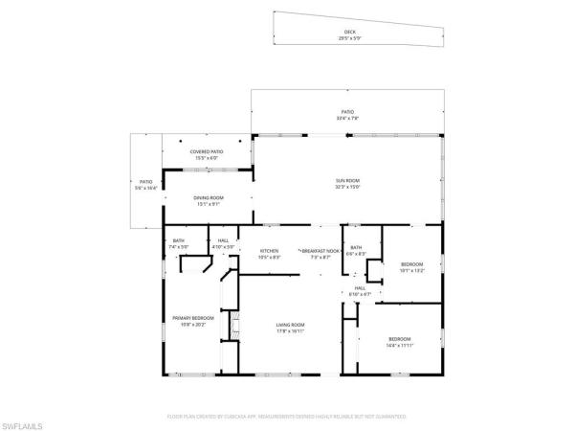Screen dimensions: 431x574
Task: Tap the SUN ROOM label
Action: pos(347,181)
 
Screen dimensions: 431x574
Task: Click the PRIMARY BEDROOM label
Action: pos(192,317)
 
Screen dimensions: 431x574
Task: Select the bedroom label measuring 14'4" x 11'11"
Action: pos(399,339)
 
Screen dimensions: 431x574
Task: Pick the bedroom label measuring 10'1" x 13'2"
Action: pos(411,263)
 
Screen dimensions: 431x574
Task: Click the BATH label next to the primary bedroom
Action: pos(178,241)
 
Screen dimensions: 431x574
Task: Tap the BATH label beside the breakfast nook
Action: pos(356,248)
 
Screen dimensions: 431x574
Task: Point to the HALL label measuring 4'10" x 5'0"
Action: pos(223,241)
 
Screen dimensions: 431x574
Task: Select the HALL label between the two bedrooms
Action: pos(360,287)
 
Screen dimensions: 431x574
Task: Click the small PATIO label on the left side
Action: pos(146,181)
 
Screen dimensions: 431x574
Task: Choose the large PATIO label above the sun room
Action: pos(347,112)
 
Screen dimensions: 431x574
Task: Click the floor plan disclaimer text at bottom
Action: pos(287,417)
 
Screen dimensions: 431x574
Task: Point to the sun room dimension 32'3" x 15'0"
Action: pos(347,187)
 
